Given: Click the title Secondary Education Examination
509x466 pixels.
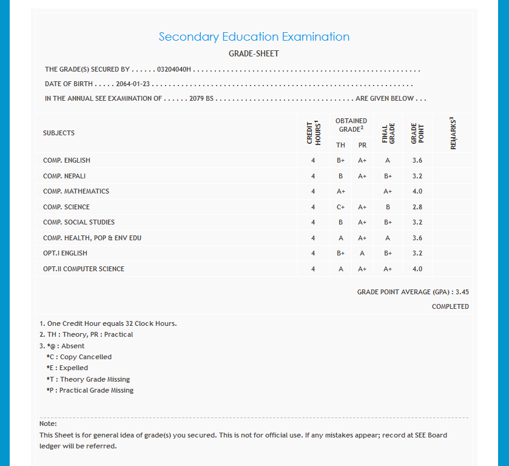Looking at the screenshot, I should point(254,37).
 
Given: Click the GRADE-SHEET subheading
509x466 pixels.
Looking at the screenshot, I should point(254,54).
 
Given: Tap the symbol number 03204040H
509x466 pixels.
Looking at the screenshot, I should point(174,70).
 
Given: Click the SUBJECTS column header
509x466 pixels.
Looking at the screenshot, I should point(59,133).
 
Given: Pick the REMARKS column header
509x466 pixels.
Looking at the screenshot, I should point(453,133).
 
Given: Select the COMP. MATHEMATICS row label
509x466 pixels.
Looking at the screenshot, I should point(76,191).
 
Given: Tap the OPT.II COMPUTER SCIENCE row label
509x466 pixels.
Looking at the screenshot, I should point(84,269).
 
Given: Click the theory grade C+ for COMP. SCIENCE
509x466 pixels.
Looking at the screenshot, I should point(341,207).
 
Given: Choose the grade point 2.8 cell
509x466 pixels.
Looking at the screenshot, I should point(417,207).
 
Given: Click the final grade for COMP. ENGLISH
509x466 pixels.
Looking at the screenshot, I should point(388,160).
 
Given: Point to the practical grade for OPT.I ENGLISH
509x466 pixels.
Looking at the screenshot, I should point(362,253).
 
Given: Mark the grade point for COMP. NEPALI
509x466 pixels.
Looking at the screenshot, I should point(417,176).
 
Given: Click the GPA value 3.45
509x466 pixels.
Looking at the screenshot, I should point(462,292).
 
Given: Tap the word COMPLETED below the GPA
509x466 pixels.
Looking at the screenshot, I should point(450,306).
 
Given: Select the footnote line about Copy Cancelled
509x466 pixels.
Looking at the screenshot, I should point(79,357).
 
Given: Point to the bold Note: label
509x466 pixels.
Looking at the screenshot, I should point(48,424).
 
